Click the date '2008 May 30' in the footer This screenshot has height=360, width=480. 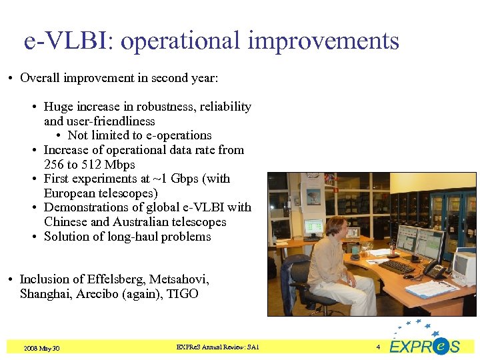pos(41,348)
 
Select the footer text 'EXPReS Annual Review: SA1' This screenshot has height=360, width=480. pos(217,347)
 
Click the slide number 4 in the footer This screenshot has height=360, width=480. pos(377,347)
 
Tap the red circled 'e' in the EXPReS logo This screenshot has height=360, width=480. pos(440,347)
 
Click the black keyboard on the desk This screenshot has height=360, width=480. pos(397,267)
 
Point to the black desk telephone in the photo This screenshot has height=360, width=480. pos(434,270)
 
